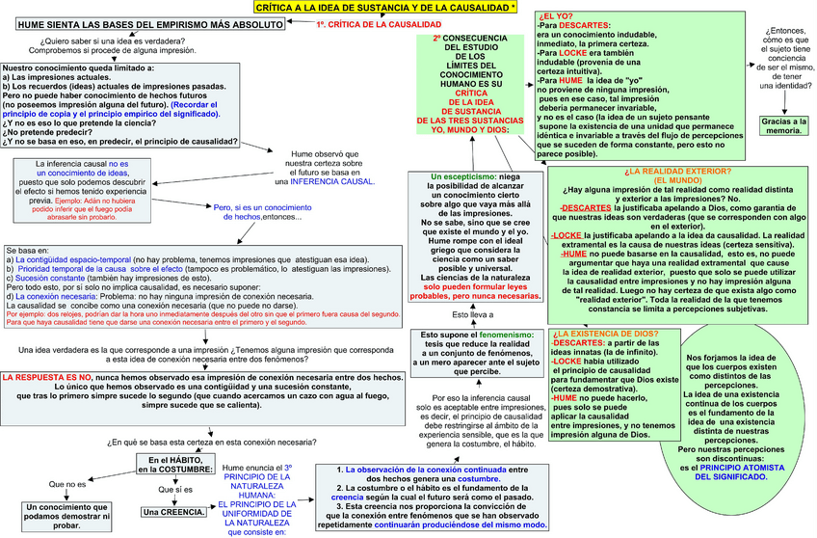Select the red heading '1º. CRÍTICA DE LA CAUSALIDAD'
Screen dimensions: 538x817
click(361, 23)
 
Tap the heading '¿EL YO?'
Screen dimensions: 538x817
click(558, 16)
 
